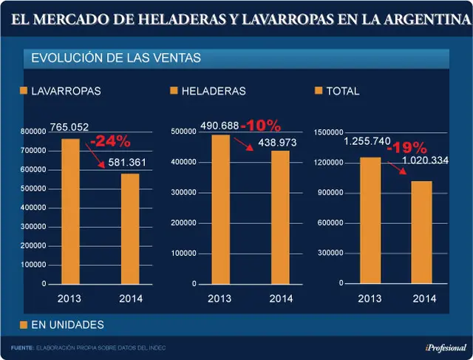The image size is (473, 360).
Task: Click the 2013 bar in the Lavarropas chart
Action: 71,211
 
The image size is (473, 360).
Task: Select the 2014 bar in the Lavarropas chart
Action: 130,228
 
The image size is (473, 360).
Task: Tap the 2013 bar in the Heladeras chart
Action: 220,209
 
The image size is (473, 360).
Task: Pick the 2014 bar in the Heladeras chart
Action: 280,217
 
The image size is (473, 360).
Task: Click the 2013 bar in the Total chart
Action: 370,220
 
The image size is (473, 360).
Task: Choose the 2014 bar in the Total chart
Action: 422,232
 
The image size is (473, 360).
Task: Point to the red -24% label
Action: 110,141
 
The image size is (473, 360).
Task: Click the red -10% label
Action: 261,126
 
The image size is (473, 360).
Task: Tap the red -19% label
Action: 407,148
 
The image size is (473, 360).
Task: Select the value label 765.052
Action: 69,127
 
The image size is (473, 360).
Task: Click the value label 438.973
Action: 277,143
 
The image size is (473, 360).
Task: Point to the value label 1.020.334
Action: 426,160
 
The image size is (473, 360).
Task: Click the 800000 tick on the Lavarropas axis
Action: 33,132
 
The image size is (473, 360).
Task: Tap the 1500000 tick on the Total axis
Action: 328,132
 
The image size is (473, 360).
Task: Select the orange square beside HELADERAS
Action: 174,90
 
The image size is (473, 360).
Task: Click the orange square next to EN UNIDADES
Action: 24,325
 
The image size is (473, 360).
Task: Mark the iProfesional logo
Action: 446,348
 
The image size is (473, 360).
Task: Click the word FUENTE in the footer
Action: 22,348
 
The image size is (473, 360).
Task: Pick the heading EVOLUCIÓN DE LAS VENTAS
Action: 116,58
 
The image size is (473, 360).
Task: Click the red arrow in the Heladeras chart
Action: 243,144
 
